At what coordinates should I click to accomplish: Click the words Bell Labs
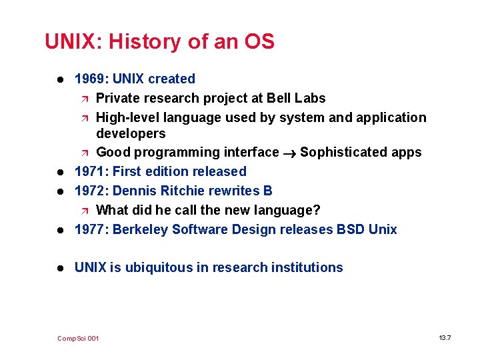click(296, 98)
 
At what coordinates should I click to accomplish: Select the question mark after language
click(317, 210)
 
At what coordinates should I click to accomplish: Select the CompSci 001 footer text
click(78, 339)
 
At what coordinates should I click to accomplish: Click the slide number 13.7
click(445, 338)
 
